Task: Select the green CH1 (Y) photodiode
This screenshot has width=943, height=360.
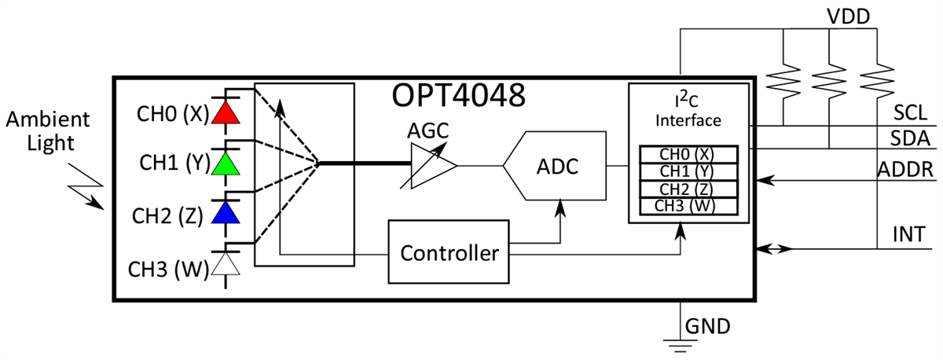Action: pyautogui.click(x=226, y=163)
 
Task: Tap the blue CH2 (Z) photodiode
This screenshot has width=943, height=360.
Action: pyautogui.click(x=226, y=214)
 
